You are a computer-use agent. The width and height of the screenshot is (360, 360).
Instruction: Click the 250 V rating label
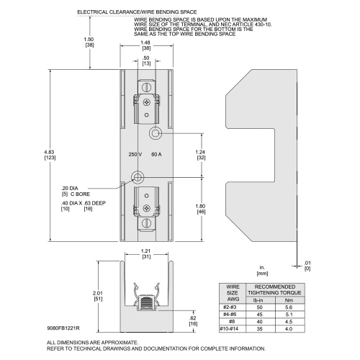tap(135, 154)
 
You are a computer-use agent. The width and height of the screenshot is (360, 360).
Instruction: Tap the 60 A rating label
tap(156, 154)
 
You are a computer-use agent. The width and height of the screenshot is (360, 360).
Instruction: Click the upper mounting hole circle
tap(156, 132)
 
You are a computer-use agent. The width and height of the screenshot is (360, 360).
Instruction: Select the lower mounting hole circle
tap(138, 177)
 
